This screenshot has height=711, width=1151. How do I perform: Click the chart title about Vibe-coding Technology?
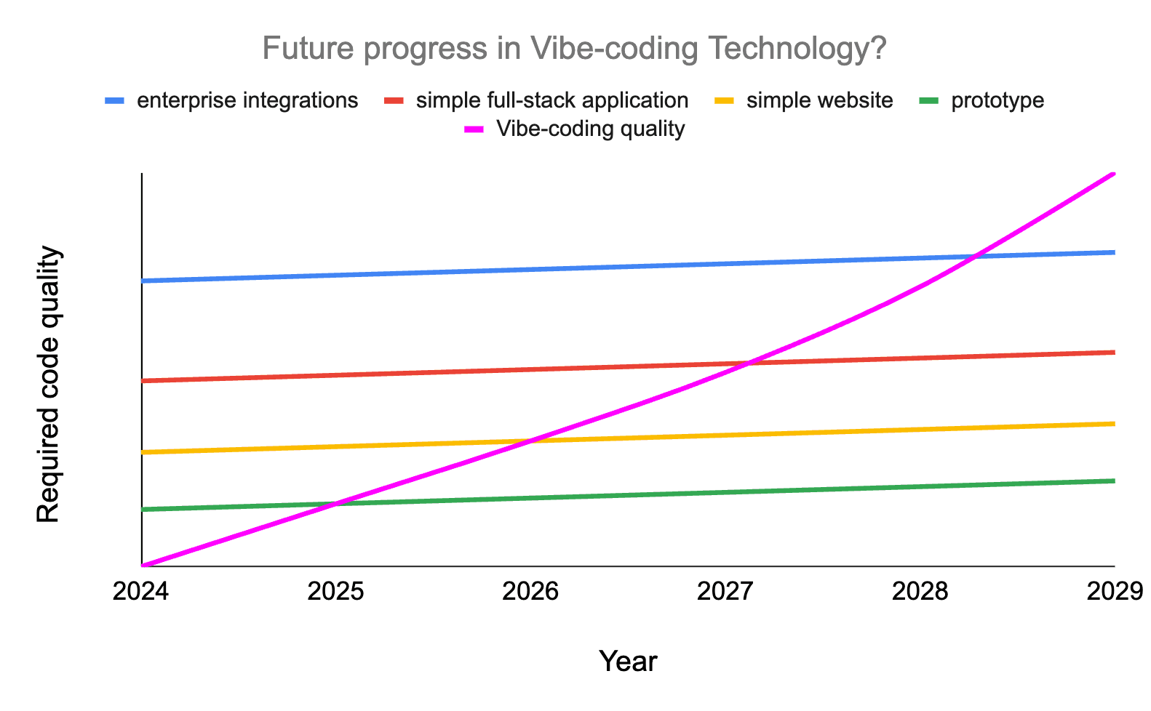point(574,49)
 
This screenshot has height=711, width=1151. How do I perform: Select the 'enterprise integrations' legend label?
point(247,100)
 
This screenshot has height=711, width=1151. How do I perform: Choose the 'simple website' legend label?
point(819,100)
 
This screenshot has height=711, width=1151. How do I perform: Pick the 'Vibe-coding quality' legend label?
point(590,129)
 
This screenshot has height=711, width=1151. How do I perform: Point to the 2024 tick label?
point(141,591)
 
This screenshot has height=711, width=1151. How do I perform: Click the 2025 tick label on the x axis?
point(335,591)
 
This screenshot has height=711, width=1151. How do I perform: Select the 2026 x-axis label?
point(530,591)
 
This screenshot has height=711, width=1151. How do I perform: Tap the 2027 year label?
point(725,591)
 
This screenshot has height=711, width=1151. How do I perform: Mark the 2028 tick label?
point(920,591)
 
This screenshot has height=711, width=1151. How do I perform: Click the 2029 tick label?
point(1113,591)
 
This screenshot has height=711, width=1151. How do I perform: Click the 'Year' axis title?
point(628,662)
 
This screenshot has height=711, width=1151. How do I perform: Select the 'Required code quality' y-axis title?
point(48,385)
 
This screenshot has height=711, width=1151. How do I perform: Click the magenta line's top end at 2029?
point(1113,174)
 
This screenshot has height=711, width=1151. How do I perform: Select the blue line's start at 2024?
point(143,281)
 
